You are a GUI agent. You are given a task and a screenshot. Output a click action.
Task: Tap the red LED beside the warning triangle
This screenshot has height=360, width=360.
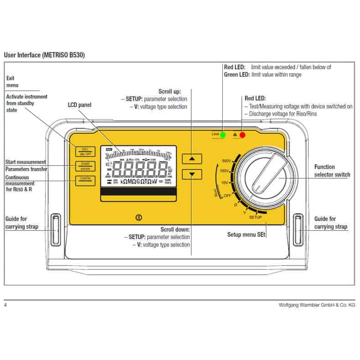[x=243, y=135]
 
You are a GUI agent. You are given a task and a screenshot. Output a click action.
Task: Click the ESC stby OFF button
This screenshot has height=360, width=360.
[x=85, y=151]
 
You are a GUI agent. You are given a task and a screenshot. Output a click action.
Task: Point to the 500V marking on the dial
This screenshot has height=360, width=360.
[x=226, y=161]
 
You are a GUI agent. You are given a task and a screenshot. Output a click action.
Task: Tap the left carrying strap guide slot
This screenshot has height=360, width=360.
[x=56, y=230]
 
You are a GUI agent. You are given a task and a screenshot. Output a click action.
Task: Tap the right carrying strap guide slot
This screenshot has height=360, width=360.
[x=299, y=230]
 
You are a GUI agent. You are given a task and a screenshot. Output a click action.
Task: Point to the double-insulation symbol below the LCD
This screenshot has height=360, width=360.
[x=138, y=218]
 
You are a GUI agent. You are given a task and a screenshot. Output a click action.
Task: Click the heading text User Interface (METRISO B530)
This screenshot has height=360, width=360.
[x=44, y=55]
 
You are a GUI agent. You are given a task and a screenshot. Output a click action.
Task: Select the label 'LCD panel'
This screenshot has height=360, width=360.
[x=79, y=105]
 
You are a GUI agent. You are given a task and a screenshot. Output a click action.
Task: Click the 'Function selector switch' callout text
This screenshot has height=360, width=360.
[x=332, y=171]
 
